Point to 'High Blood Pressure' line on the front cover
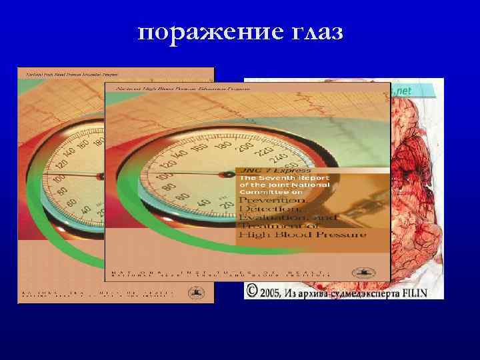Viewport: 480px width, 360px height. click(302, 235)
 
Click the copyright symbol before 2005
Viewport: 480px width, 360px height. click(251, 291)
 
